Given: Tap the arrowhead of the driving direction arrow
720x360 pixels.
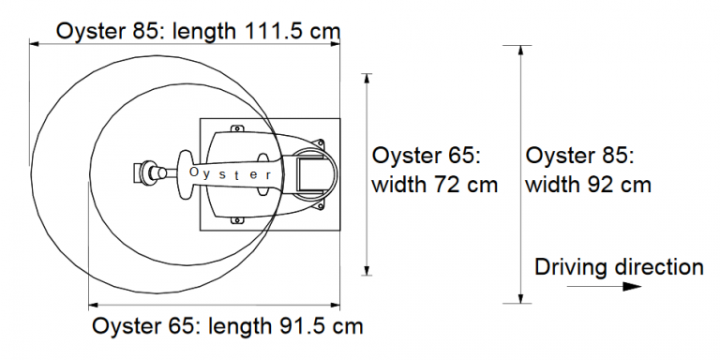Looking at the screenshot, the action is click(632, 287).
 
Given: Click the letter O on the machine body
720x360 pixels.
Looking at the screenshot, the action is click(194, 172).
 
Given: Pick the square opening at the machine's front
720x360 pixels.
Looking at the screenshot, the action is click(310, 174).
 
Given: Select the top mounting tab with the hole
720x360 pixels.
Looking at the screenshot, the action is click(237, 129).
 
